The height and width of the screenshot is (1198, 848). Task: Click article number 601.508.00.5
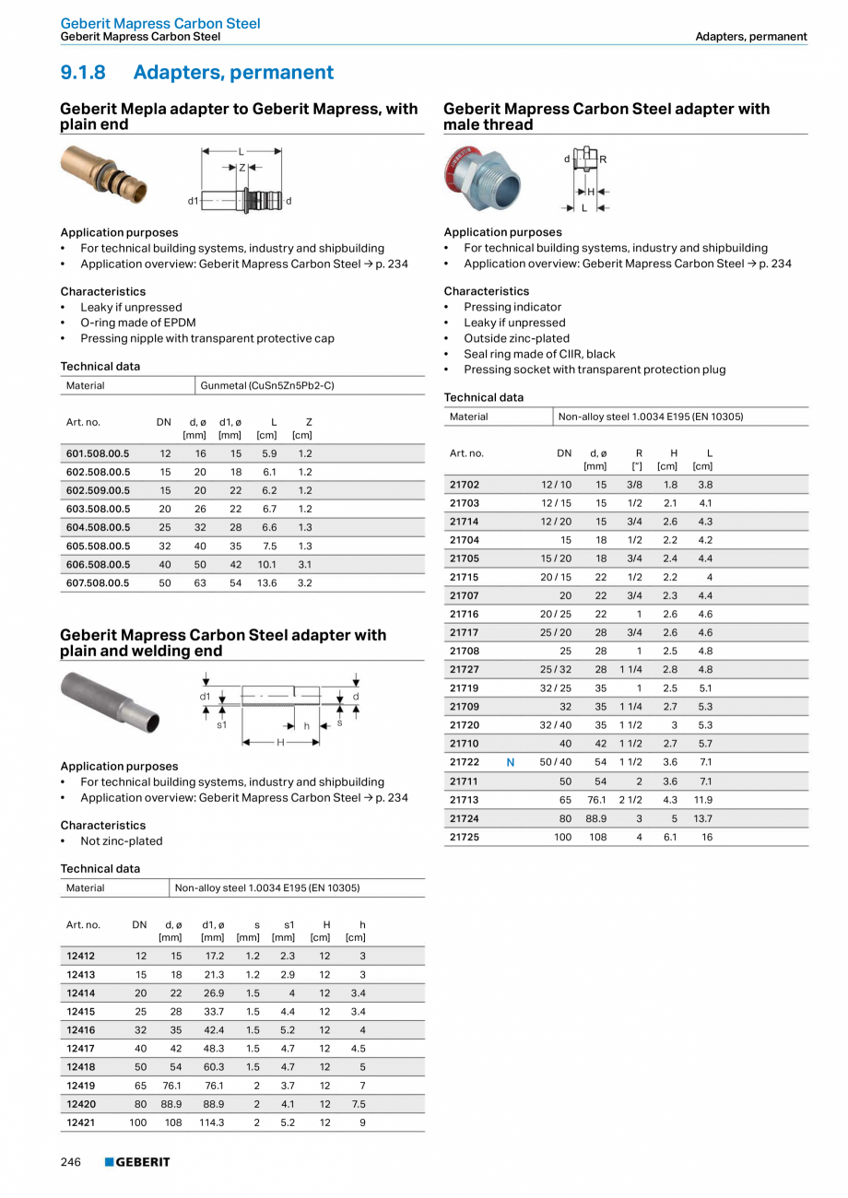click(x=98, y=453)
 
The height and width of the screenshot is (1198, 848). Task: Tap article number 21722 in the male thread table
click(x=464, y=762)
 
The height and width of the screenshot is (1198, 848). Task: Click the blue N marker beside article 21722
click(x=511, y=762)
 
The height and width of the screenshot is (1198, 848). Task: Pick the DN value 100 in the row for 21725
click(x=562, y=837)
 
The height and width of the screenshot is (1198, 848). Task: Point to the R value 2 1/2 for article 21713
click(x=630, y=800)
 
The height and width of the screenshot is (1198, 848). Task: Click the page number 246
click(x=71, y=1162)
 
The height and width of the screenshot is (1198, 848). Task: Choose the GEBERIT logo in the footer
click(x=137, y=1162)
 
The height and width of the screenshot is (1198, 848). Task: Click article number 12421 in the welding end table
click(x=81, y=1122)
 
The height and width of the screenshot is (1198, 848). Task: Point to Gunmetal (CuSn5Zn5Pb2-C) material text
click(x=267, y=385)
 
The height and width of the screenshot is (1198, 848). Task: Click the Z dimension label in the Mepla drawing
click(x=242, y=168)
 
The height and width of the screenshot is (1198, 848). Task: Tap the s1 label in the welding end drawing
click(x=222, y=725)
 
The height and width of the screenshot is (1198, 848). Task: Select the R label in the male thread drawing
click(x=603, y=159)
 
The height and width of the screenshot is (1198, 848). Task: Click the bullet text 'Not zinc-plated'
click(x=121, y=840)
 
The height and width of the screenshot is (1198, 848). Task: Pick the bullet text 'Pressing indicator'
click(x=512, y=307)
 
